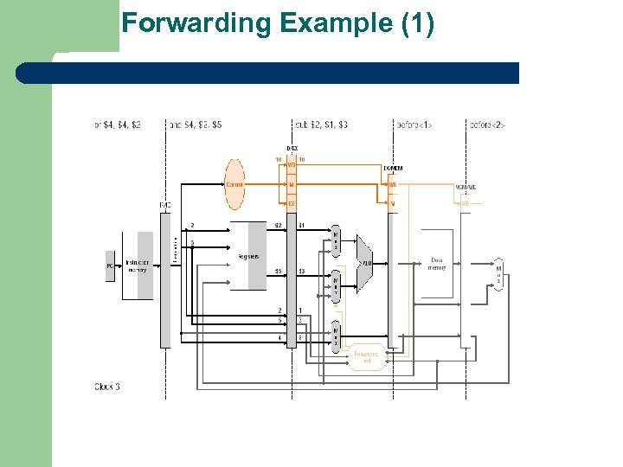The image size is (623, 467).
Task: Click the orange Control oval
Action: click(x=234, y=184)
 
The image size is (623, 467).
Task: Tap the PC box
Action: click(x=110, y=266)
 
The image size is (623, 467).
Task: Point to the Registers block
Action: click(x=248, y=257)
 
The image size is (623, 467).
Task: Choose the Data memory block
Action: click(x=438, y=263)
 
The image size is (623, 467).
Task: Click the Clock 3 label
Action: click(x=107, y=387)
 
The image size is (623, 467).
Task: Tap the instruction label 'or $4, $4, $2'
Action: click(x=117, y=125)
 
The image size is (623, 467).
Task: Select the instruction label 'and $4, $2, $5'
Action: click(x=196, y=125)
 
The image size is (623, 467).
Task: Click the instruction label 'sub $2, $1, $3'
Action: click(x=321, y=125)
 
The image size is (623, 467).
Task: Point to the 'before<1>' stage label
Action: click(x=414, y=125)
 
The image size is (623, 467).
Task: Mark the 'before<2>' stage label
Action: click(x=487, y=125)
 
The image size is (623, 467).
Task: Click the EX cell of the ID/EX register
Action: click(x=292, y=204)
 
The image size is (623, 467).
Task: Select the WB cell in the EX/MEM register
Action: click(x=393, y=184)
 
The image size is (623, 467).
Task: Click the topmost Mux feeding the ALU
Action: click(x=336, y=240)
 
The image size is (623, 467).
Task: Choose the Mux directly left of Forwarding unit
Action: click(x=336, y=337)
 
